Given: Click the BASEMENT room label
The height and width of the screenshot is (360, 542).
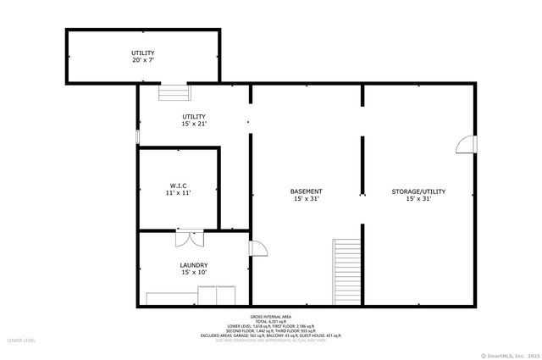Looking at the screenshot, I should click(x=307, y=191).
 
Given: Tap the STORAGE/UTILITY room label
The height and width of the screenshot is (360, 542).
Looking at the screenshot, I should click(x=418, y=191).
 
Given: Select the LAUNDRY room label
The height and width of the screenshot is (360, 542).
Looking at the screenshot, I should click(x=194, y=265).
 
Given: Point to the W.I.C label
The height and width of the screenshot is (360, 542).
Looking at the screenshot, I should click(x=178, y=185).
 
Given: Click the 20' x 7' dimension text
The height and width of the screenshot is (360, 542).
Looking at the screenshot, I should click(x=142, y=61).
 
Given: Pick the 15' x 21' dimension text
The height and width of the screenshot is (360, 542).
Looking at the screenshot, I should click(x=194, y=124).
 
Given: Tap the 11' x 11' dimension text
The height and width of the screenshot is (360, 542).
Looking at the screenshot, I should click(x=178, y=192).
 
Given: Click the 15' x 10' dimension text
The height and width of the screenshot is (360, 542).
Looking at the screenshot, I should click(x=194, y=273).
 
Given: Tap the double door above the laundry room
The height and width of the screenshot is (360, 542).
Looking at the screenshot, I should click(x=190, y=238).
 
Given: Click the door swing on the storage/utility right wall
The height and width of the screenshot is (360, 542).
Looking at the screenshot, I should click(x=466, y=145).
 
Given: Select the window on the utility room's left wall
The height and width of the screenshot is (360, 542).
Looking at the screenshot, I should click(x=138, y=136).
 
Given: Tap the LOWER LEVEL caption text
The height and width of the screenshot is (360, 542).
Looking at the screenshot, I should click(x=20, y=340).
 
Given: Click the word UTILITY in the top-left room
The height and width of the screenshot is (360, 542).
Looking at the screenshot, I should click(x=142, y=53).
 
